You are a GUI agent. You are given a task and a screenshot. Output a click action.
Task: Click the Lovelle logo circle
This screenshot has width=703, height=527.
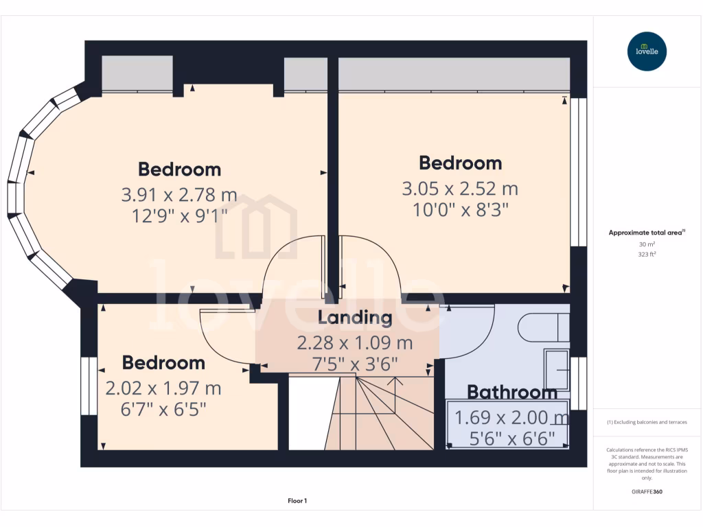(x=647, y=51)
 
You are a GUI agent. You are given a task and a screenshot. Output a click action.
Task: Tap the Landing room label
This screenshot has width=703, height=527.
(x=355, y=318)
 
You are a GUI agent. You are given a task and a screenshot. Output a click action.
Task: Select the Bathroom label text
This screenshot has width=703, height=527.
(x=511, y=393)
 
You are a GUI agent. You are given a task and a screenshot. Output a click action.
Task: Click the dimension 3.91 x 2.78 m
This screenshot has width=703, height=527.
(x=179, y=195)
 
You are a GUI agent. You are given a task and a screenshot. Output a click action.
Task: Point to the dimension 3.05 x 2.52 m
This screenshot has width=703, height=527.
(x=460, y=188)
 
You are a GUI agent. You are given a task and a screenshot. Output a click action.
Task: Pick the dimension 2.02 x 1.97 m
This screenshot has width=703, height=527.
(x=163, y=388)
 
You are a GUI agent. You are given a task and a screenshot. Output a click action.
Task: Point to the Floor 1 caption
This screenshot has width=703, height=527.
(x=297, y=501)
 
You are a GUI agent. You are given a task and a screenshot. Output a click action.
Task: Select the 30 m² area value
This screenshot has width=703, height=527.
(x=647, y=244)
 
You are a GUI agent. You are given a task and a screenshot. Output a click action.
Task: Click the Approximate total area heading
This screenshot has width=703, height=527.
(x=646, y=233)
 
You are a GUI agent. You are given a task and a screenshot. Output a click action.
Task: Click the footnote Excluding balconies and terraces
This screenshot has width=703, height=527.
(x=647, y=422)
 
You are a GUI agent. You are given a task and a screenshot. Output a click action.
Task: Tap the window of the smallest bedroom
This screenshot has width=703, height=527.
(x=89, y=386)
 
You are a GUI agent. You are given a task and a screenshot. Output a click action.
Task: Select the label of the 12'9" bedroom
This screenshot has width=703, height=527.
(x=179, y=169)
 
